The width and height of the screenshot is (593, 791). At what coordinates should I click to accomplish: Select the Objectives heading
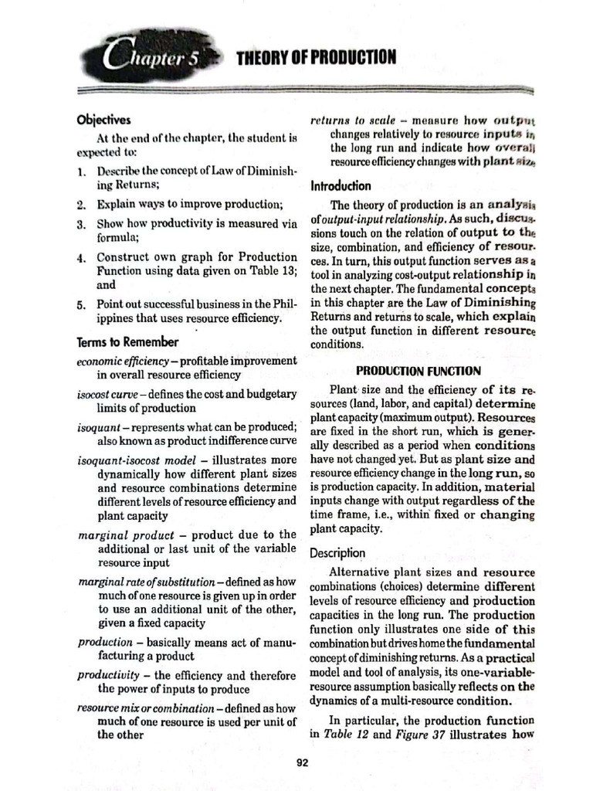coord(104,120)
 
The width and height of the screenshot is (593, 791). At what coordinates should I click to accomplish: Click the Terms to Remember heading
coord(127,341)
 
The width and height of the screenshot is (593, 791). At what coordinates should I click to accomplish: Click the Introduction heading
coord(341,186)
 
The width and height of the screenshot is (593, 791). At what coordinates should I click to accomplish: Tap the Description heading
coord(337,553)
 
